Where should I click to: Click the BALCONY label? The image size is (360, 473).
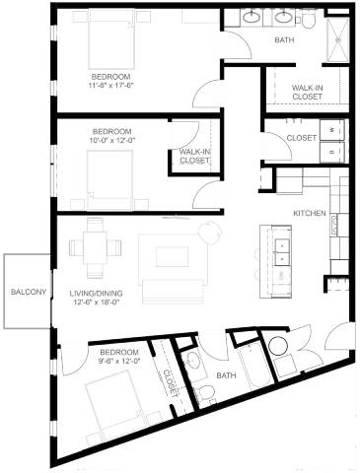[x=29, y=292]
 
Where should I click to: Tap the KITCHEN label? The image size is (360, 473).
[x=310, y=213]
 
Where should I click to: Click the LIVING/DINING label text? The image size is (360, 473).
[x=96, y=293]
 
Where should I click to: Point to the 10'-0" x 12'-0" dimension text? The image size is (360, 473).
[x=112, y=140]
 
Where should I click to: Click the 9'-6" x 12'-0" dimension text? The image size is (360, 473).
[x=119, y=361]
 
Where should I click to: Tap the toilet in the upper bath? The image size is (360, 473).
[x=309, y=21]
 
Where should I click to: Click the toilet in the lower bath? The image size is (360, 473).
[x=205, y=392]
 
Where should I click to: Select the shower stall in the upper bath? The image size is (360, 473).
[x=337, y=39]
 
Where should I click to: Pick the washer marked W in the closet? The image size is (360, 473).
[x=331, y=130]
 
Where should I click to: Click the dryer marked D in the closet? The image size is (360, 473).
[x=331, y=152]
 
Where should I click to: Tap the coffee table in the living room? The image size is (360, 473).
[x=173, y=256]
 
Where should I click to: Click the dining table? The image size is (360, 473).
[x=95, y=248]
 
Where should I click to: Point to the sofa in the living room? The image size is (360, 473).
[x=174, y=292]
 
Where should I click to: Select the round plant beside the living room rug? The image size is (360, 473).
[x=209, y=233]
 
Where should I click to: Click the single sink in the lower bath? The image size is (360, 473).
[x=192, y=361]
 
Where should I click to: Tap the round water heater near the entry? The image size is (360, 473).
[x=279, y=346]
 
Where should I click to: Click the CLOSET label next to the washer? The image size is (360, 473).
[x=302, y=138]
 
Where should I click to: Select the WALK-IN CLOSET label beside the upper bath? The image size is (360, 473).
[x=308, y=93]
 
